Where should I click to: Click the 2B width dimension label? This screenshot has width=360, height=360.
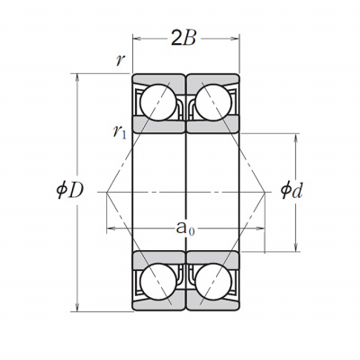click(x=184, y=38)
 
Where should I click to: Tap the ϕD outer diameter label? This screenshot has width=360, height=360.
click(x=69, y=191)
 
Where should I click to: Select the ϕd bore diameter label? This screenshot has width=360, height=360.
click(x=292, y=191)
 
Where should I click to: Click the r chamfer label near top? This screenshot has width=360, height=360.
click(x=120, y=60)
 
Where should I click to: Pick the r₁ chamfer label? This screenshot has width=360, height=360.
click(x=120, y=132)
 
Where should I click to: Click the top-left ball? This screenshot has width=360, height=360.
click(x=158, y=103)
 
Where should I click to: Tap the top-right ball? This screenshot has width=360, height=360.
click(x=213, y=103)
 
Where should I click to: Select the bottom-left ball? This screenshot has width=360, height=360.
click(x=158, y=282)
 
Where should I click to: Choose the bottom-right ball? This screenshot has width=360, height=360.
click(x=213, y=282)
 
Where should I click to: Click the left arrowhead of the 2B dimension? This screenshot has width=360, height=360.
click(x=137, y=39)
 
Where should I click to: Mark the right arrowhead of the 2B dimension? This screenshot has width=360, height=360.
click(x=235, y=39)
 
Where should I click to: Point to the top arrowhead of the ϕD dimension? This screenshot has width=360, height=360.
click(x=77, y=77)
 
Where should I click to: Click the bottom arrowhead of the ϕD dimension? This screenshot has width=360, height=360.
click(x=77, y=307)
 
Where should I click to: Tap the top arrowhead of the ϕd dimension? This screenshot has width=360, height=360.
click(x=296, y=138)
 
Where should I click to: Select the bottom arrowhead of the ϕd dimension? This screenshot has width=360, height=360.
click(x=296, y=247)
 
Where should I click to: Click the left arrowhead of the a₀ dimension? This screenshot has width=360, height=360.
click(x=111, y=229)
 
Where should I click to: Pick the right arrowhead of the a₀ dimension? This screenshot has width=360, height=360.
click(x=260, y=229)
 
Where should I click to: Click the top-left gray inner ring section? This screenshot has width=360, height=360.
click(x=158, y=125)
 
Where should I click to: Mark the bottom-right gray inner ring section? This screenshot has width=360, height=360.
click(x=213, y=258)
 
